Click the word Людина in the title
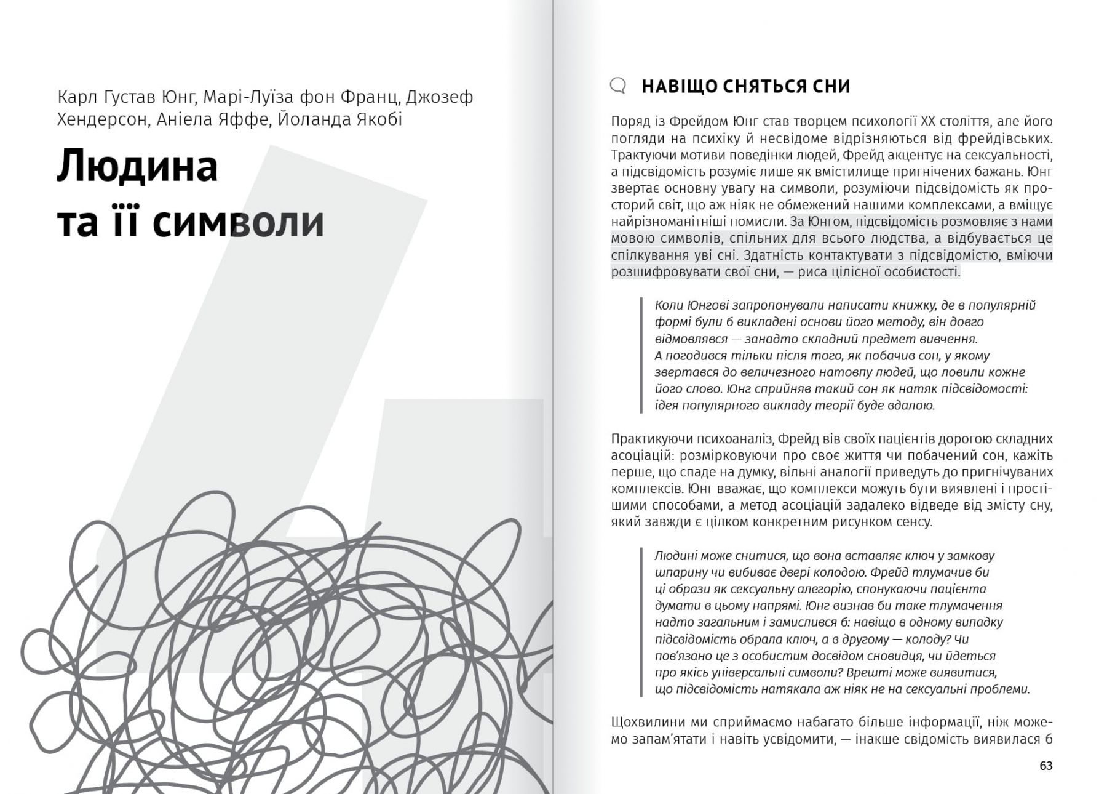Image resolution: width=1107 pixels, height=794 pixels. [x=137, y=166]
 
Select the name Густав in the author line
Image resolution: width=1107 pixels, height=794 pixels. [x=129, y=97]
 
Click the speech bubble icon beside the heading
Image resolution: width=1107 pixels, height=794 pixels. [x=618, y=86]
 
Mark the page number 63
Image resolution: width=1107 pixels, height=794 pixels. [x=1045, y=766]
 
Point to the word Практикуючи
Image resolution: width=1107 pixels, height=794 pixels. [x=651, y=439]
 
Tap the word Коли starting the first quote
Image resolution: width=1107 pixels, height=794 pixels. [x=669, y=305]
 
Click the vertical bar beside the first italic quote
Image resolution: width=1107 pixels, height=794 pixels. [x=641, y=355]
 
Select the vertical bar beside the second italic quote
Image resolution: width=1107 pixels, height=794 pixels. [x=641, y=622]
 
